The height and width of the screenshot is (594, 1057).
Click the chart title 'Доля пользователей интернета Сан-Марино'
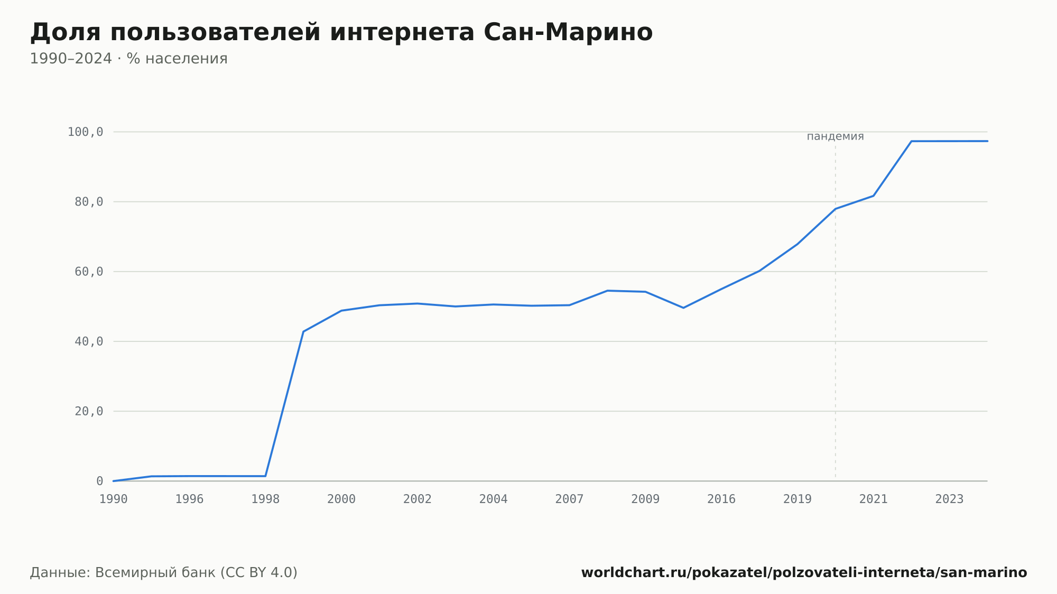[x=341, y=33]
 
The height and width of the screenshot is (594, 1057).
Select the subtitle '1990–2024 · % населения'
[x=128, y=59]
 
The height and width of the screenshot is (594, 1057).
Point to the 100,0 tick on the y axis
[x=85, y=132]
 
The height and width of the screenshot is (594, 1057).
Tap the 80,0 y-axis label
[x=89, y=202]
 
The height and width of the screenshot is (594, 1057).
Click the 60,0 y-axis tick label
[x=89, y=272]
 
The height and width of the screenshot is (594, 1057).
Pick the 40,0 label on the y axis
[x=89, y=341]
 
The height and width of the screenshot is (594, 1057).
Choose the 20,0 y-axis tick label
[x=89, y=411]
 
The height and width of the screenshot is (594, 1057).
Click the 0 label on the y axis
[x=99, y=481]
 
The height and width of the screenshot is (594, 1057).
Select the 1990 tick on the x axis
[x=114, y=499]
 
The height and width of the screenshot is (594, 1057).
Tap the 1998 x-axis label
[x=265, y=499]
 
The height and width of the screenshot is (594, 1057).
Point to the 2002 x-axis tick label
[x=418, y=499]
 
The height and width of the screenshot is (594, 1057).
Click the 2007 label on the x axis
[x=569, y=499]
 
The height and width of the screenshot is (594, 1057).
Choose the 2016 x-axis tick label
[x=721, y=499]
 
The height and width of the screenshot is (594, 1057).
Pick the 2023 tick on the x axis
[x=950, y=499]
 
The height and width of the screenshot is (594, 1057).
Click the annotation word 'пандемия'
[x=835, y=137]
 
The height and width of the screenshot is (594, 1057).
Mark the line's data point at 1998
[x=265, y=476]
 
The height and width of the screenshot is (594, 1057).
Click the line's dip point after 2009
[x=683, y=308]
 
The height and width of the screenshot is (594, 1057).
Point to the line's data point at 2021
[x=874, y=196]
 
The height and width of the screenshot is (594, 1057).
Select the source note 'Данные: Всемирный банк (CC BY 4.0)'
[x=163, y=573]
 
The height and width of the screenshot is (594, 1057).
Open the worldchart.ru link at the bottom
[x=804, y=573]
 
